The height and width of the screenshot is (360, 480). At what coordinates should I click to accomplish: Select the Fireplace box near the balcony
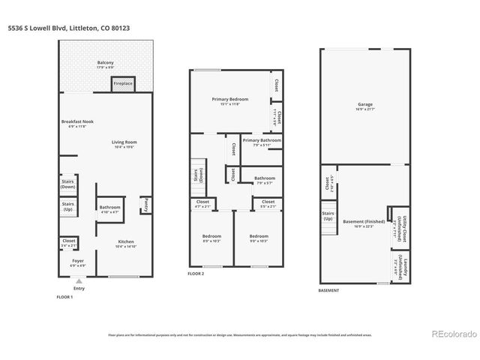pyautogui.click(x=123, y=84)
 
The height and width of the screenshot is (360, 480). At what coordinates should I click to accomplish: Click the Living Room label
pyautogui.click(x=124, y=143)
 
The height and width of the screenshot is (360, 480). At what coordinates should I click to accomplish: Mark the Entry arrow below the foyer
pyautogui.click(x=79, y=280)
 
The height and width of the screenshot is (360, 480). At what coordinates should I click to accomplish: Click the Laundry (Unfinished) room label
pyautogui.click(x=401, y=267)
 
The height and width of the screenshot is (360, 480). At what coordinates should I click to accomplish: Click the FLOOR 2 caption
pyautogui.click(x=196, y=274)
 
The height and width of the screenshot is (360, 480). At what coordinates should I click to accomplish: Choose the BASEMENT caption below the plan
pyautogui.click(x=328, y=290)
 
